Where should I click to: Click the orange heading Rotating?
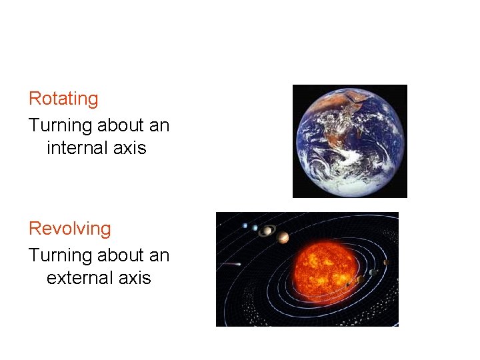coord(63,99)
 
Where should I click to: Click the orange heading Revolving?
coord(69,229)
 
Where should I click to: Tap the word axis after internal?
coord(129,147)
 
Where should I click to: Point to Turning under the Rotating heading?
coord(60,125)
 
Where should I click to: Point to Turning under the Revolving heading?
coord(60,255)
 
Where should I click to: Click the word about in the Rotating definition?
coord(119,125)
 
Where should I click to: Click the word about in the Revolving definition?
coord(119,255)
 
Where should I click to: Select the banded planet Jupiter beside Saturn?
coord(283,237)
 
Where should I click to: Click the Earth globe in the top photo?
coord(350,141)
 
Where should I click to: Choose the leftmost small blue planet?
coord(245,225)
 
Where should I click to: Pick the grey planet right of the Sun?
coord(373,272)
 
